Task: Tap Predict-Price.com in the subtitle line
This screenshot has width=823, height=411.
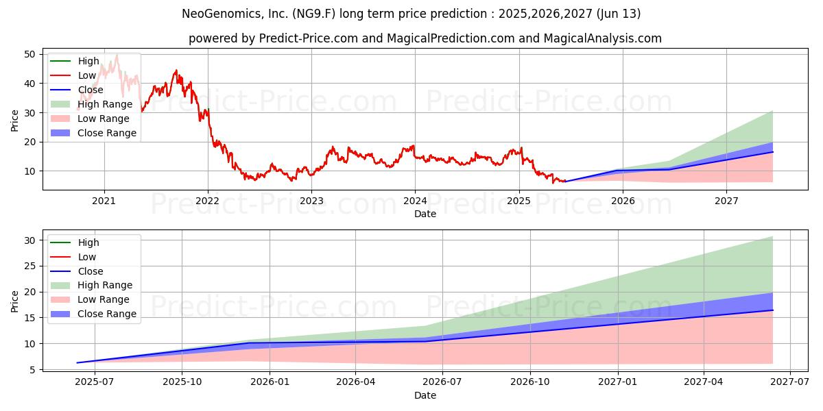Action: pos(307,38)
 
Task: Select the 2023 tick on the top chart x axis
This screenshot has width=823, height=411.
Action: pos(311,201)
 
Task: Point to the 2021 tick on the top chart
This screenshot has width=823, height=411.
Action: pos(104,201)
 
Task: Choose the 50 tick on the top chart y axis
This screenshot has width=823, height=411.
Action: pos(29,54)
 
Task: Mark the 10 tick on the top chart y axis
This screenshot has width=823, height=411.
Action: pos(29,171)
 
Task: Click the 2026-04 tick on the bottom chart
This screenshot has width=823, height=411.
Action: pos(356,382)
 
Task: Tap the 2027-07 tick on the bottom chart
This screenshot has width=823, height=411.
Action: pos(791,382)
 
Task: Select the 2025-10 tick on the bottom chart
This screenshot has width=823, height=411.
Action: pos(182,382)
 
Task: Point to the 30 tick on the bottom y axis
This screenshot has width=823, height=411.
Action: pos(29,240)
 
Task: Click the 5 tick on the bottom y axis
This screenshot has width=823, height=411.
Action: pos(32,369)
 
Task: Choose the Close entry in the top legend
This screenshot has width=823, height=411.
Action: pos(91,90)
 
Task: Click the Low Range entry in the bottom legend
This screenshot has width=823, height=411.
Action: pos(103,299)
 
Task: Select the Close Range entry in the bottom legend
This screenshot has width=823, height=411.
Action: pos(106,314)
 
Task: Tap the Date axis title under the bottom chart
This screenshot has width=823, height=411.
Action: pos(425,395)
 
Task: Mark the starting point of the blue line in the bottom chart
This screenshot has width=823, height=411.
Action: pos(77,362)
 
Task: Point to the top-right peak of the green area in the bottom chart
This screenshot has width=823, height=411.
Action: pos(773,236)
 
